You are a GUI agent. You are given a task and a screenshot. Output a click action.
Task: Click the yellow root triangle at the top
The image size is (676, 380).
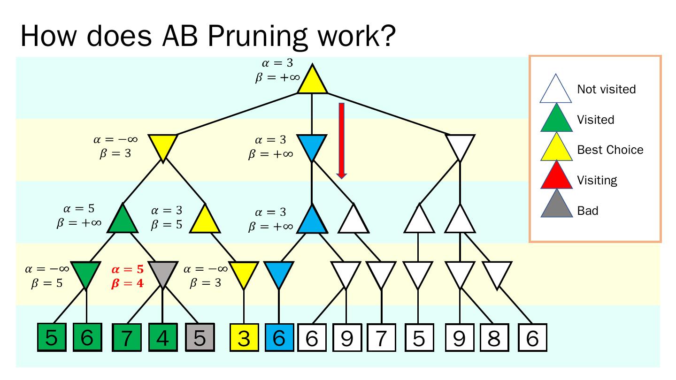[312, 81]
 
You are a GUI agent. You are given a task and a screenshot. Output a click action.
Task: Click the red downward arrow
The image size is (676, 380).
[342, 140]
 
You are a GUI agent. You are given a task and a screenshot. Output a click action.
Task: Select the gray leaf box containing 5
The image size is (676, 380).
[200, 338]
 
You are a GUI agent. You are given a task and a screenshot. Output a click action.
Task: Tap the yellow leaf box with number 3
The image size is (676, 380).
[244, 338]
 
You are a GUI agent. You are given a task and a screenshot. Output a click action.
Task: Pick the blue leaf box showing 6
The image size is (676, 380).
[279, 338]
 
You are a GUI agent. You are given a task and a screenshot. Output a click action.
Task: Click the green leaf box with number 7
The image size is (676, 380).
[127, 338]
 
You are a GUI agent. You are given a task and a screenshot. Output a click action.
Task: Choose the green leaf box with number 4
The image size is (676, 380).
[162, 338]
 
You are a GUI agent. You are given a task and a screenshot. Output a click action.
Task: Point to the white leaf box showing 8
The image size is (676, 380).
[494, 338]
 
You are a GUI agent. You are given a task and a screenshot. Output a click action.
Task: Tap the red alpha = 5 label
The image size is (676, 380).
[127, 270]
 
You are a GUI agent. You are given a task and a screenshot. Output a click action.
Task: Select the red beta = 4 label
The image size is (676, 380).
[127, 283]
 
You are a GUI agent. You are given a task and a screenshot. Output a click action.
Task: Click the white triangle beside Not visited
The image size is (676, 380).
[556, 90]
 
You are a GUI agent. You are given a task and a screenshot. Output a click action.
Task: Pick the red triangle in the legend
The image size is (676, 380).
[556, 177]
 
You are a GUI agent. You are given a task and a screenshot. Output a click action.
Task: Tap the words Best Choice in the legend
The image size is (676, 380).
[610, 150]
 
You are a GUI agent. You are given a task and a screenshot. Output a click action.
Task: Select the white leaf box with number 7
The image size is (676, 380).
[381, 338]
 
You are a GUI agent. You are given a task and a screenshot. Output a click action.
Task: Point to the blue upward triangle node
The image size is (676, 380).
[312, 220]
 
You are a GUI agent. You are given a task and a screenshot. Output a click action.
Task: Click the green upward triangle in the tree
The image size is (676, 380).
[123, 220]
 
